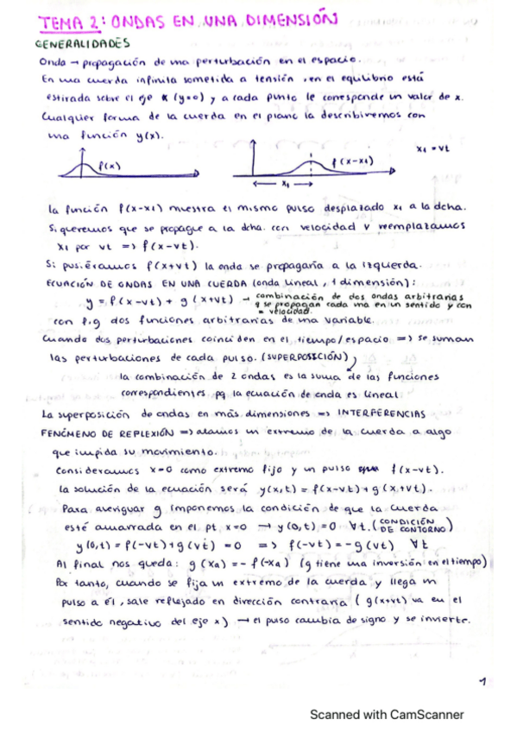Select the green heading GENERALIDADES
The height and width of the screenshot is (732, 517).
[x=82, y=41]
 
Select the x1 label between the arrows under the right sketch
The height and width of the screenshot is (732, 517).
[x=287, y=183]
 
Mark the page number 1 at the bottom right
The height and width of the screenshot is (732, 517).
[x=481, y=682]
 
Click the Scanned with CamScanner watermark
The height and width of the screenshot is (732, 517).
[x=387, y=714]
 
